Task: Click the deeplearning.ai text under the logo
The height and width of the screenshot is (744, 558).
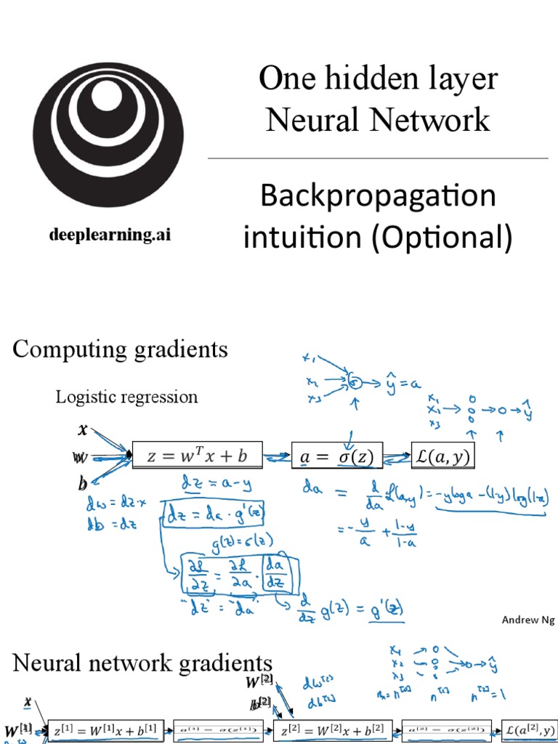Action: click(110, 235)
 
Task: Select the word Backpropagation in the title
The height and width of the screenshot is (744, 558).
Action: click(378, 196)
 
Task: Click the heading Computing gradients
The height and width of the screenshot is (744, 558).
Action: click(120, 349)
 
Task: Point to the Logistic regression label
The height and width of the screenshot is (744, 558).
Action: click(126, 397)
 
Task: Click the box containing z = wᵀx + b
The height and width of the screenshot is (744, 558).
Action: click(198, 456)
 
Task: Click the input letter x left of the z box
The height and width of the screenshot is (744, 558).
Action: click(82, 429)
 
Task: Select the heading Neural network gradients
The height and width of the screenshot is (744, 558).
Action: click(142, 663)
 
